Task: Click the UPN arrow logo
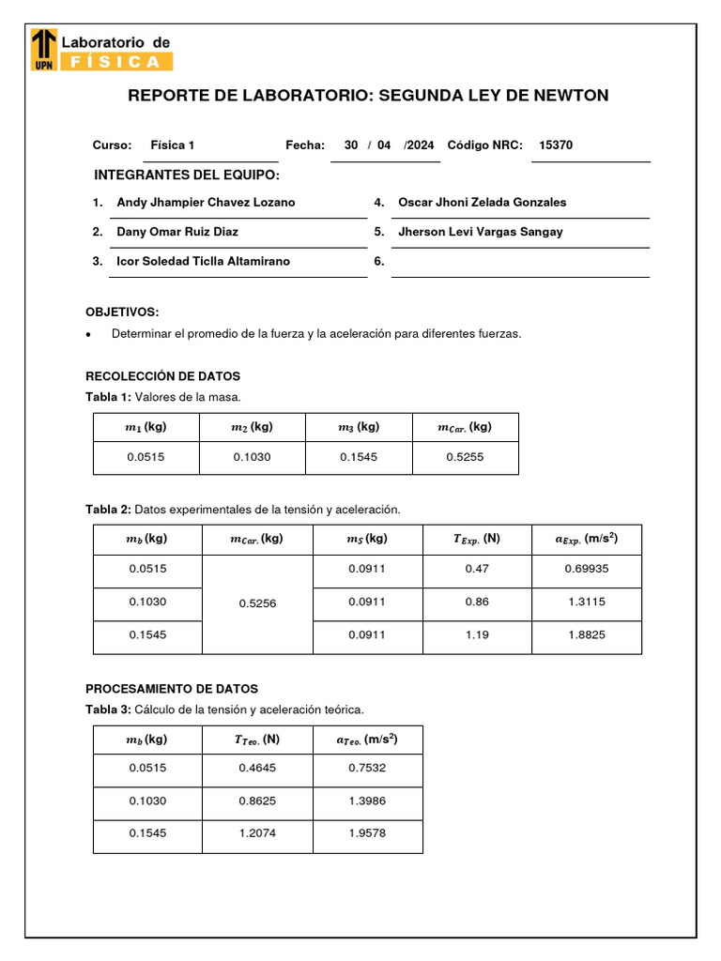point(43,50)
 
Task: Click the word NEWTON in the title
point(571,96)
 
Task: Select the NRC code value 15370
point(556,145)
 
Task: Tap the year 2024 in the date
point(420,145)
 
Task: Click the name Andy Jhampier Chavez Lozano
point(206,203)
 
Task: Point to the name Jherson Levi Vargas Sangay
point(481,232)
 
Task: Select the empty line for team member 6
point(519,263)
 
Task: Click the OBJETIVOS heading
point(122,312)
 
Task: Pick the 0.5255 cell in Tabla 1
point(465,457)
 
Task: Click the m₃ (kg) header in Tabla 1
point(359,427)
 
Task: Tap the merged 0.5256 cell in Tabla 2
point(257,603)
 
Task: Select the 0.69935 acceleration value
point(587,570)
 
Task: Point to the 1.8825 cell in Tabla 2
point(587,635)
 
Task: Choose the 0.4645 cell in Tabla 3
point(257,769)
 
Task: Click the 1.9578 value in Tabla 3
point(367,833)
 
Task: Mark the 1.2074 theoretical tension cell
point(257,833)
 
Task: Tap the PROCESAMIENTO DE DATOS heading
point(172,689)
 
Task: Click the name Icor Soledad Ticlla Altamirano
point(203,262)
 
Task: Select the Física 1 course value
point(172,145)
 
